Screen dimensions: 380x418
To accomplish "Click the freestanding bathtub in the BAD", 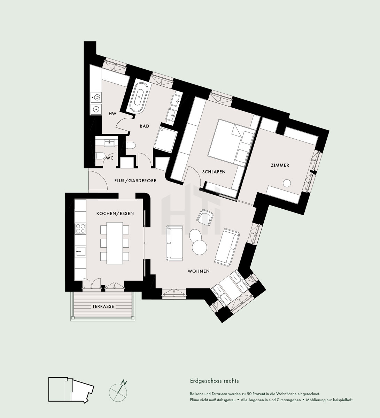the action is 139,98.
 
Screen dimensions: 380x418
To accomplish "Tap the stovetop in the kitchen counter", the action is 80,228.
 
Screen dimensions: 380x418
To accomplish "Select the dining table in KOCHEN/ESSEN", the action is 115,243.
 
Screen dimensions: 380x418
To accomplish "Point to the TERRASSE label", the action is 103,306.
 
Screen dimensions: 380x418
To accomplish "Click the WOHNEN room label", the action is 199,271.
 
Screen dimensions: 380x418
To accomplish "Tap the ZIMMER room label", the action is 280,165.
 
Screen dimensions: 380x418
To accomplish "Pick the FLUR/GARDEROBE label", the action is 135,181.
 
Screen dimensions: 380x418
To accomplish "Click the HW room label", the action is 113,114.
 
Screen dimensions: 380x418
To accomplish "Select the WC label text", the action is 110,158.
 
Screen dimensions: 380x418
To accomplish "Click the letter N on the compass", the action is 124,382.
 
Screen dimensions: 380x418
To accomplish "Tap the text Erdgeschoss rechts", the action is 214,381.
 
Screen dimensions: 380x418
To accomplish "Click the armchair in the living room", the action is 204,217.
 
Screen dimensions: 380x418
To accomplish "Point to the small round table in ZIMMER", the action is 287,183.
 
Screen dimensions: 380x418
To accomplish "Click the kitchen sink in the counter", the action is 80,251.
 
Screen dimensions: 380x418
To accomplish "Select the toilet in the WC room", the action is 101,156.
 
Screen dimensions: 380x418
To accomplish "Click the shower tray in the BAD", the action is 165,140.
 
